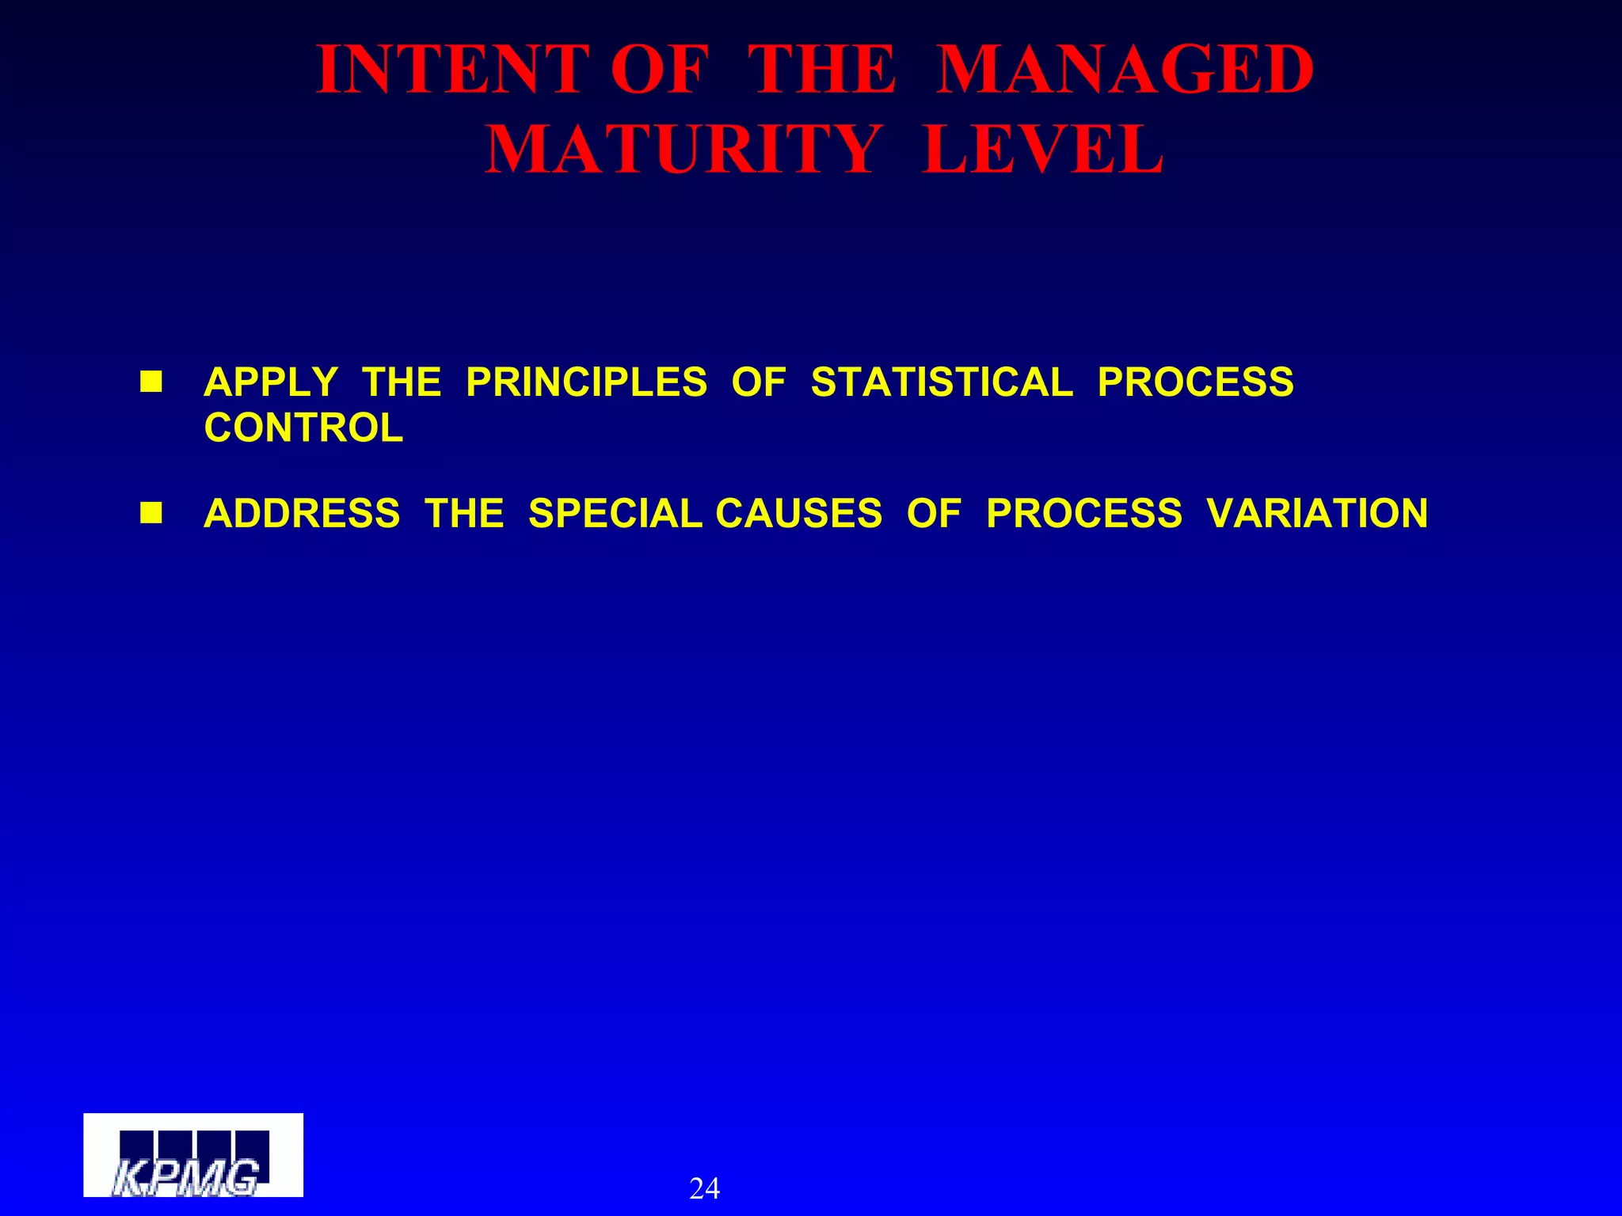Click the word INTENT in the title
pos(453,70)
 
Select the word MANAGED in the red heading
pos(1125,70)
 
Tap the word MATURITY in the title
pos(683,150)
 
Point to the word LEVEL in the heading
pos(1043,150)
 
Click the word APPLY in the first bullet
pos(271,382)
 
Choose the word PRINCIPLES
pos(586,382)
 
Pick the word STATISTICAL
pos(942,382)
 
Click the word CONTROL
pos(303,428)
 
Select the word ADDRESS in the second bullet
pos(302,513)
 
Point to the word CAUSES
pos(798,513)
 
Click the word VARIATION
pos(1317,513)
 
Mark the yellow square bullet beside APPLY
pos(150,382)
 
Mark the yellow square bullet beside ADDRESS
pos(150,513)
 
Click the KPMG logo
pos(193,1155)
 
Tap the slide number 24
pos(704,1188)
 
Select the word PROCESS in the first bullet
pos(1195,382)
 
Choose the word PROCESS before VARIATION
pos(1084,513)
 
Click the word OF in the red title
pos(658,70)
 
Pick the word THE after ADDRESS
pos(464,513)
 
